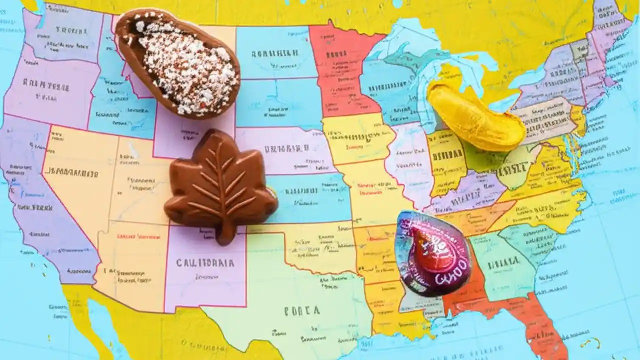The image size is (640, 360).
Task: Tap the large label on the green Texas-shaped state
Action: pos(302,311)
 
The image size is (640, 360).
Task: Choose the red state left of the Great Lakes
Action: pos(342,70)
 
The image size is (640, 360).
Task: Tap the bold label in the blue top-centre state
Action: pos(275,52)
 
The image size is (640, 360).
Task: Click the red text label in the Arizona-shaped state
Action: pos(135,236)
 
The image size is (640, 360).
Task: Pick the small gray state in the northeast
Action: pos(580,50)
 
